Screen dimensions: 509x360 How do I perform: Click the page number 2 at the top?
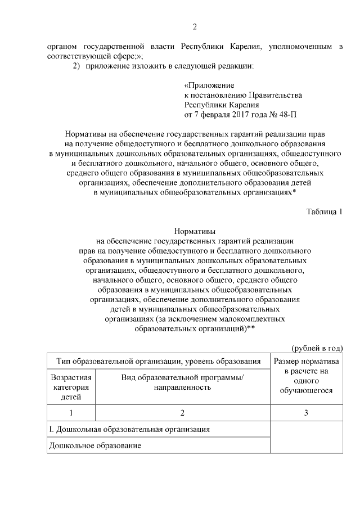[x=195, y=26]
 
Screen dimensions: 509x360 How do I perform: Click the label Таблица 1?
[x=324, y=211]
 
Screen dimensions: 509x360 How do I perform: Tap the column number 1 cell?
[x=71, y=413]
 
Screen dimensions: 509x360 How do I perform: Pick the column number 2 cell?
[x=183, y=413]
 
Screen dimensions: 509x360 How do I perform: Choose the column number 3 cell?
[x=306, y=413]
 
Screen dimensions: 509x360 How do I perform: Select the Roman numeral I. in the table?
[x=51, y=429]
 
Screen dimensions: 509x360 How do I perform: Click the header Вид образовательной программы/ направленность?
[x=183, y=382]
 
